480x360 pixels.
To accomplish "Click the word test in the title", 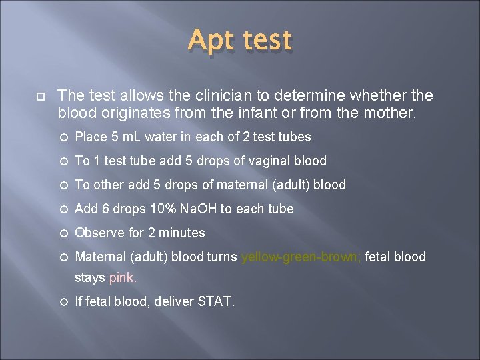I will (x=267, y=41).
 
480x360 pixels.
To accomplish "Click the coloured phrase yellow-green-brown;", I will (x=301, y=257).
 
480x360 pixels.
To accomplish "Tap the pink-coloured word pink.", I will (x=123, y=277).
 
